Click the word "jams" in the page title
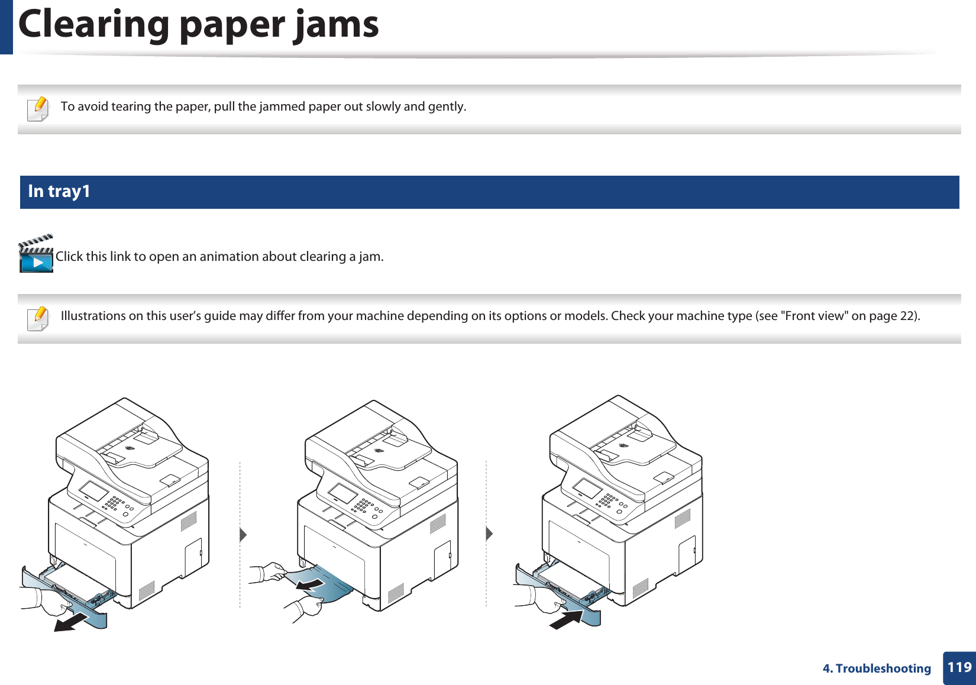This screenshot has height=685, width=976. click(x=336, y=25)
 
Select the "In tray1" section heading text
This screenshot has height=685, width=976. click(x=59, y=192)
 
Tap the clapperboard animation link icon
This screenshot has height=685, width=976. click(x=36, y=254)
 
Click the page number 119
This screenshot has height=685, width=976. click(x=959, y=667)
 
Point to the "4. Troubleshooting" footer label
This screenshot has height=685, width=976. click(x=877, y=668)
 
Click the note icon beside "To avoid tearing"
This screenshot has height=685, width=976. click(x=38, y=109)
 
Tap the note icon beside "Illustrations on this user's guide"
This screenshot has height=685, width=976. click(x=38, y=318)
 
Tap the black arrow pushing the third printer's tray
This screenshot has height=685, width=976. click(x=566, y=619)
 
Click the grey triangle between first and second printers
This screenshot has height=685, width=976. click(x=243, y=535)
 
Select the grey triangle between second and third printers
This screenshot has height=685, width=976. click(x=489, y=534)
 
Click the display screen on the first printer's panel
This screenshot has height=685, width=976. click(x=93, y=490)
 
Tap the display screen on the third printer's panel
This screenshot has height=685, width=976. click(x=587, y=488)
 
